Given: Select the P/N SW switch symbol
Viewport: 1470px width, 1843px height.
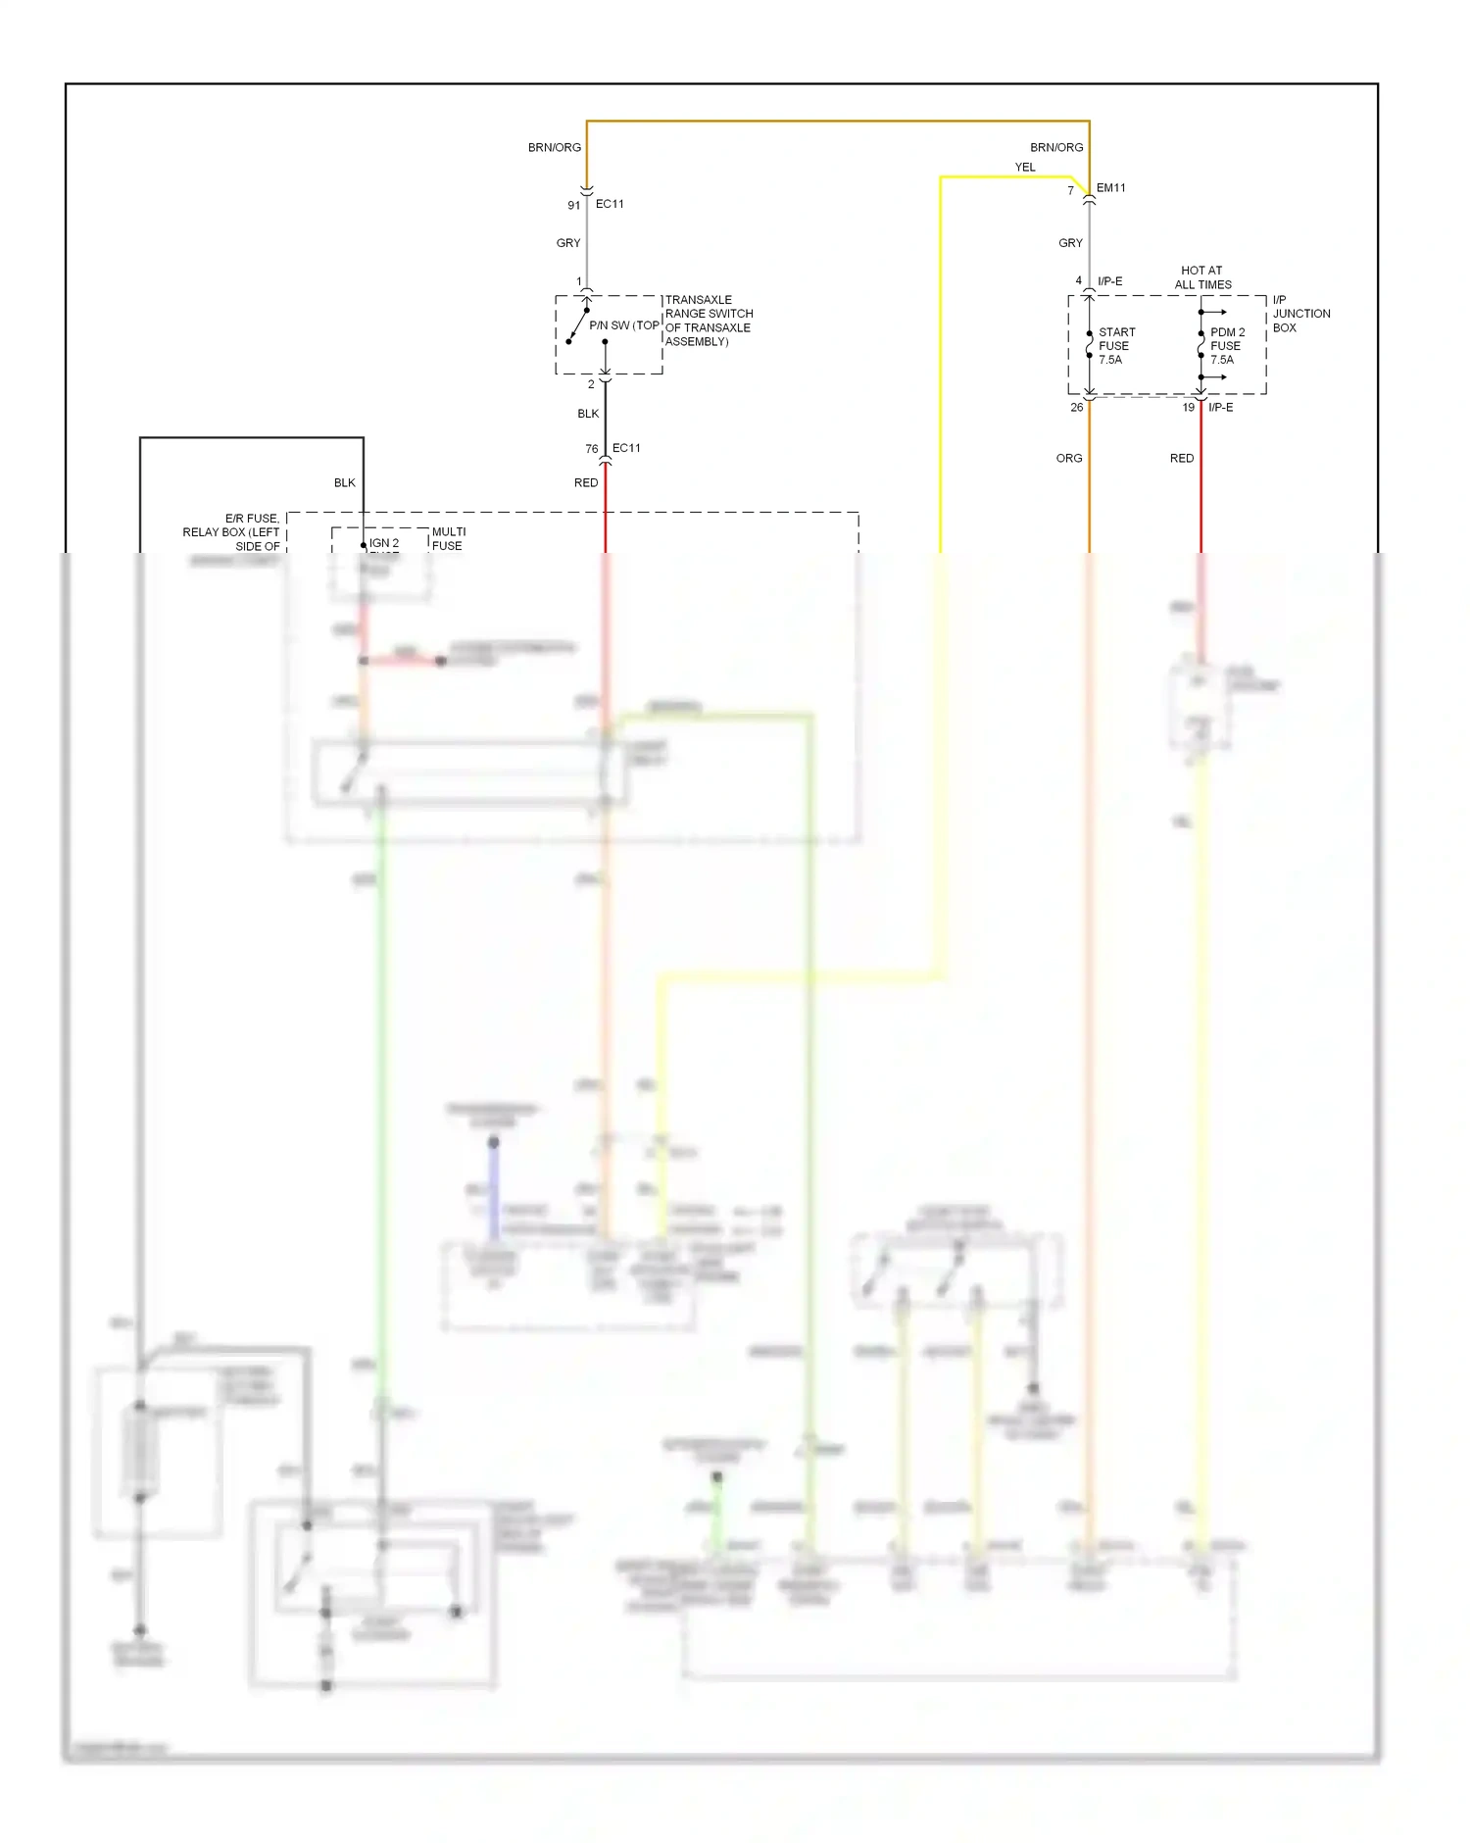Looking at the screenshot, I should click(x=578, y=325).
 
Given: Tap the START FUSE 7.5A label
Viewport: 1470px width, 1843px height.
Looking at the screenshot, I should click(x=1116, y=346).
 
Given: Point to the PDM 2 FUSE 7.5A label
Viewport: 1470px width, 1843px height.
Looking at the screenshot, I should click(x=1227, y=346).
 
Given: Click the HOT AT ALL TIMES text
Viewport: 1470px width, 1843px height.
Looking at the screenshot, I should click(x=1202, y=277).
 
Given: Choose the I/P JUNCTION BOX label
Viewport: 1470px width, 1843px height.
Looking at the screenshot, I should click(x=1300, y=314).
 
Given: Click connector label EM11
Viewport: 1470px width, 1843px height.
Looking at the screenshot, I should click(x=1111, y=188).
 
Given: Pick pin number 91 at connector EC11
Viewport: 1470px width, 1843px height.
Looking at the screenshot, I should click(x=574, y=206).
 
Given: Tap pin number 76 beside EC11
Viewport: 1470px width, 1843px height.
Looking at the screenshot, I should click(x=592, y=449).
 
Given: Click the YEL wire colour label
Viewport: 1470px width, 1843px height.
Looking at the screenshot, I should click(x=1025, y=168).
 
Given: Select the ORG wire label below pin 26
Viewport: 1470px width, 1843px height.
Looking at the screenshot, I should click(x=1069, y=459).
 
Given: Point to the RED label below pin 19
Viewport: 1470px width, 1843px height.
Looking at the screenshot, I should click(x=1182, y=459).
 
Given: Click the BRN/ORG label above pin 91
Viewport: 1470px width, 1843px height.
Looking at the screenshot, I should click(x=555, y=148).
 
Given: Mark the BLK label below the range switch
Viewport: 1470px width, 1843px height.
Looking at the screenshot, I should click(x=588, y=414).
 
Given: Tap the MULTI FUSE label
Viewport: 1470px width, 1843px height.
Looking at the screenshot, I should click(x=449, y=539).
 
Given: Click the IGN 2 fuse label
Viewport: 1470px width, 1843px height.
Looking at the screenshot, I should click(x=384, y=543).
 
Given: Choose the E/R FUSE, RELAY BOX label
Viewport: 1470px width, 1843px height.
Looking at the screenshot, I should click(x=233, y=532).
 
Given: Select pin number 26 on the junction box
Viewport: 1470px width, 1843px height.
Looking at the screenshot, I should click(x=1077, y=408).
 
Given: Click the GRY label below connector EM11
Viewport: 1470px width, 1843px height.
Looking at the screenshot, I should click(x=1070, y=243).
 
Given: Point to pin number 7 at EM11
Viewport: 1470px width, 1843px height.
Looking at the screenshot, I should click(x=1070, y=191).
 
